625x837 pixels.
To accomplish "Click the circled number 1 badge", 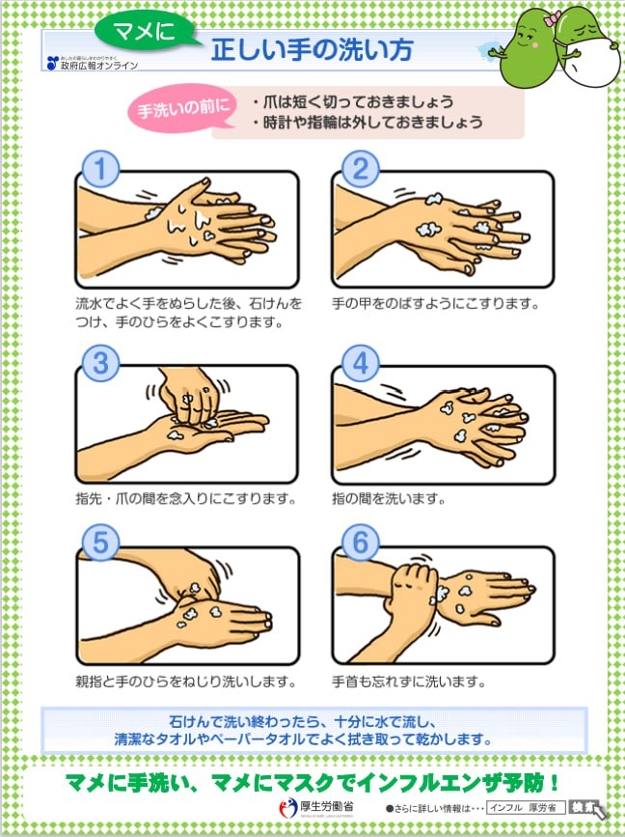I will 99,170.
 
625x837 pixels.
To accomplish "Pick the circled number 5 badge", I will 99,542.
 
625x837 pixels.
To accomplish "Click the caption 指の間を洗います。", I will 389,500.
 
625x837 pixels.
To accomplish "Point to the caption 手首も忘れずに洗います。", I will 408,681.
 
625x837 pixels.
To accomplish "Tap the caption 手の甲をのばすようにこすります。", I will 435,303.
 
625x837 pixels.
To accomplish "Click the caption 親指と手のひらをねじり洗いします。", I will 185,681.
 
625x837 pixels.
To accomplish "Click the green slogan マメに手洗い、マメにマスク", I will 312,781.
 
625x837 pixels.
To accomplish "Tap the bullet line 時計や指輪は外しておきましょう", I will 367,124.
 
